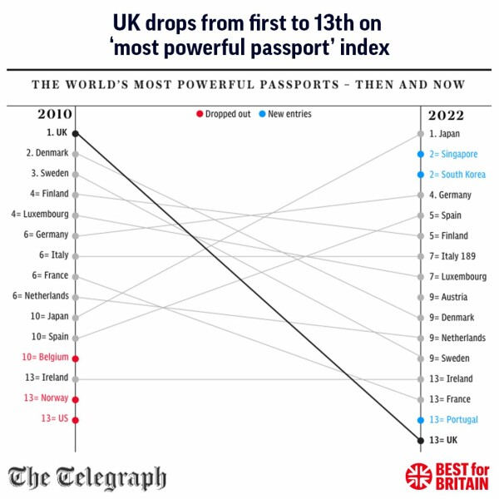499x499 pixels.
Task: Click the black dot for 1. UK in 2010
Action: click(x=76, y=133)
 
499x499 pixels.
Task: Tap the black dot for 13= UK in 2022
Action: click(x=421, y=440)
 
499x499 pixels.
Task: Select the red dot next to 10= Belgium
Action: click(x=76, y=358)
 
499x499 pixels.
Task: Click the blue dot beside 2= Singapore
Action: click(x=421, y=154)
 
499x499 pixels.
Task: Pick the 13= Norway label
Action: click(x=46, y=398)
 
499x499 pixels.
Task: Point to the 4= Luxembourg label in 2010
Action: click(x=40, y=215)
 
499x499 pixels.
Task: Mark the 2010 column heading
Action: click(x=55, y=115)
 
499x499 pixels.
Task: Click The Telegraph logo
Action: click(x=87, y=478)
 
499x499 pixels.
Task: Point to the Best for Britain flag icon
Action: click(x=418, y=477)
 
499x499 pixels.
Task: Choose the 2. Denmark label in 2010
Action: click(x=47, y=153)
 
